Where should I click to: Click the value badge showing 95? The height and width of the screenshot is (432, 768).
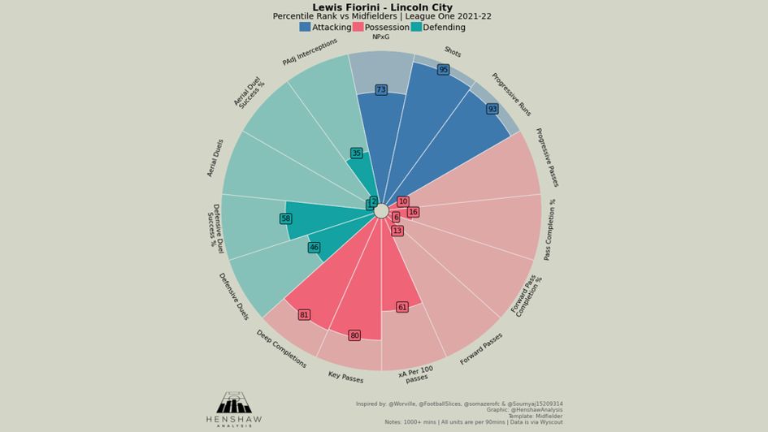443,70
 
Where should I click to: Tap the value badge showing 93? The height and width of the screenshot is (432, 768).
492,109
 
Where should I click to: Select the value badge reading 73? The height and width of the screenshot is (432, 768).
380,90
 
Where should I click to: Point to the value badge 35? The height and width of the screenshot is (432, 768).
356,153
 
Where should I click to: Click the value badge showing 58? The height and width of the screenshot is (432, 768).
285,219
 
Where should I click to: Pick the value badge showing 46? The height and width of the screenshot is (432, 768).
314,248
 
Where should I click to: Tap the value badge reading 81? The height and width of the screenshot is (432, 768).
304,315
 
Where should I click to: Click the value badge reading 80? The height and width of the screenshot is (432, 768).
354,335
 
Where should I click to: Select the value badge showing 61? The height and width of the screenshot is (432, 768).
401,308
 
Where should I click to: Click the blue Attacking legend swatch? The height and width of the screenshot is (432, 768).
305,27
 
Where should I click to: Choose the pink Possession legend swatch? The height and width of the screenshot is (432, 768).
358,27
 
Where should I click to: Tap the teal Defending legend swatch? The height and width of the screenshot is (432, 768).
416,27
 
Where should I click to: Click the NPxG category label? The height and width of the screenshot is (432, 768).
380,37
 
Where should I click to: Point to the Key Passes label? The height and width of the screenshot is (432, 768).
345,378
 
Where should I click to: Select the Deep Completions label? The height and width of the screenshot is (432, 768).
281,349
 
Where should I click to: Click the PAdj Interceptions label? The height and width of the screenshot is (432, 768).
310,51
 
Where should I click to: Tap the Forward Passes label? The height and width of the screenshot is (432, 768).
480,349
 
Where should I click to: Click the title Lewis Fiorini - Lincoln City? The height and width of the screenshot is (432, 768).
382,7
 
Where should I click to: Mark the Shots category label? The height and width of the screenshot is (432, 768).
453,53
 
